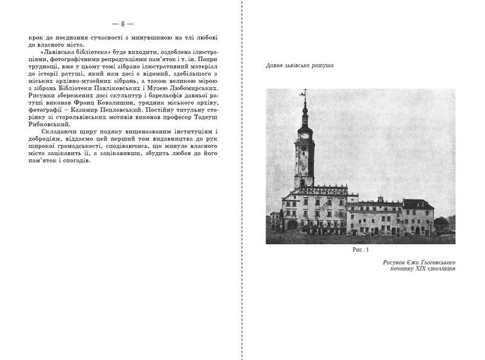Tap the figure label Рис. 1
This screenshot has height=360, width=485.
tap(360, 250)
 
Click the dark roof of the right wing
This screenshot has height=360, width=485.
tap(418, 204)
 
